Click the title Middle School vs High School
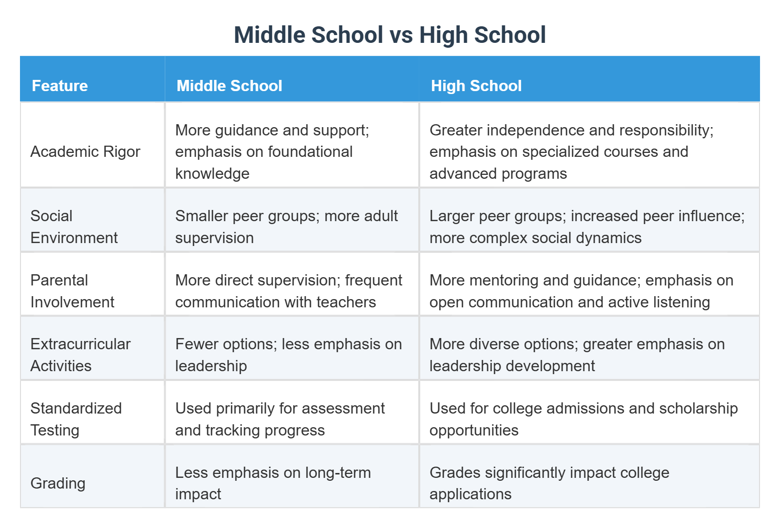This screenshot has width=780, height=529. click(390, 35)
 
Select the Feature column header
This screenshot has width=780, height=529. click(59, 86)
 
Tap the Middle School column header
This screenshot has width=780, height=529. click(229, 86)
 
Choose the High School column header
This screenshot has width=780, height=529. click(476, 86)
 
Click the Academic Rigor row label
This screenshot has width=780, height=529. click(85, 151)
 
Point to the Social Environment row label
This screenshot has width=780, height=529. click(74, 227)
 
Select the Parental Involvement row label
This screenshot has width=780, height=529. click(72, 291)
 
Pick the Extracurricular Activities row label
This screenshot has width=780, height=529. click(80, 355)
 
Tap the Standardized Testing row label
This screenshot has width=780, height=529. click(76, 419)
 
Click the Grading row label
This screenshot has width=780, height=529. click(58, 483)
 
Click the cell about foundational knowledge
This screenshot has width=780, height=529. click(272, 151)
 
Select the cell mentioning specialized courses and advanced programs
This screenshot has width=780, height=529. click(571, 151)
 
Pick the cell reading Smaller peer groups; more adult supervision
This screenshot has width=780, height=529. click(286, 227)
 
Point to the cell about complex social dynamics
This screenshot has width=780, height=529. click(586, 227)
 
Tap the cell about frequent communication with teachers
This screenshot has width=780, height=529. click(288, 291)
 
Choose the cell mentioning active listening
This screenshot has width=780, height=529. click(581, 291)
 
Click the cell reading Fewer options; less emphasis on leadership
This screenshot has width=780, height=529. click(288, 355)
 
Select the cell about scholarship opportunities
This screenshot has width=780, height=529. click(583, 419)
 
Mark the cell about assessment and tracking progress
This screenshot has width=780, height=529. click(280, 419)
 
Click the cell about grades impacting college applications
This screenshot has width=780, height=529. click(549, 483)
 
